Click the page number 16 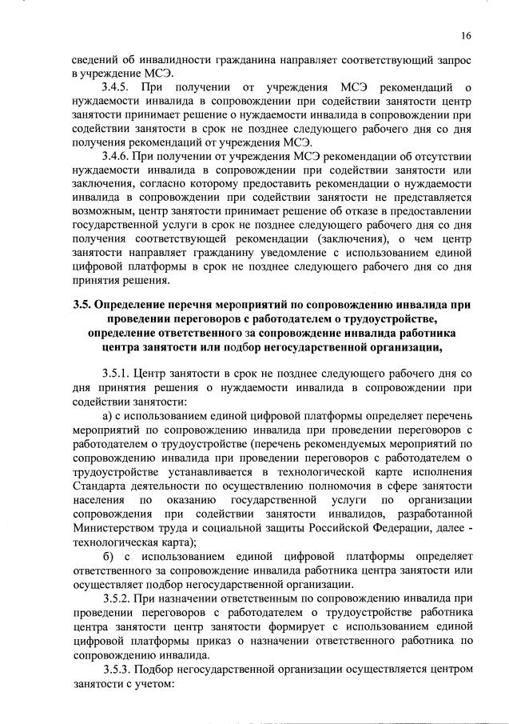(466, 36)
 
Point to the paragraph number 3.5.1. (120, 373)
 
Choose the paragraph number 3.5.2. (120, 598)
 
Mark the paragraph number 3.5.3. (120, 668)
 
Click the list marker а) (109, 416)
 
